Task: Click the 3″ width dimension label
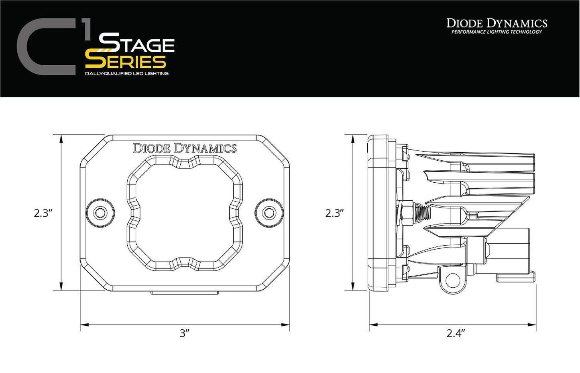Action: point(184,333)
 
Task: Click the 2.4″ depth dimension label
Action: point(456,333)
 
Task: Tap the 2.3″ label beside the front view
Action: point(43,213)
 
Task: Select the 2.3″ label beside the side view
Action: point(335,213)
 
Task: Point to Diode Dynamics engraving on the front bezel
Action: point(185,149)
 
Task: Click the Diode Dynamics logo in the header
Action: point(497,23)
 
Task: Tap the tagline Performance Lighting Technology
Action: point(497,32)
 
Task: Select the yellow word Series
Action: point(126,62)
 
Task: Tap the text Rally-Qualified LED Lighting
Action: point(126,74)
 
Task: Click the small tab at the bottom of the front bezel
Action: point(185,293)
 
